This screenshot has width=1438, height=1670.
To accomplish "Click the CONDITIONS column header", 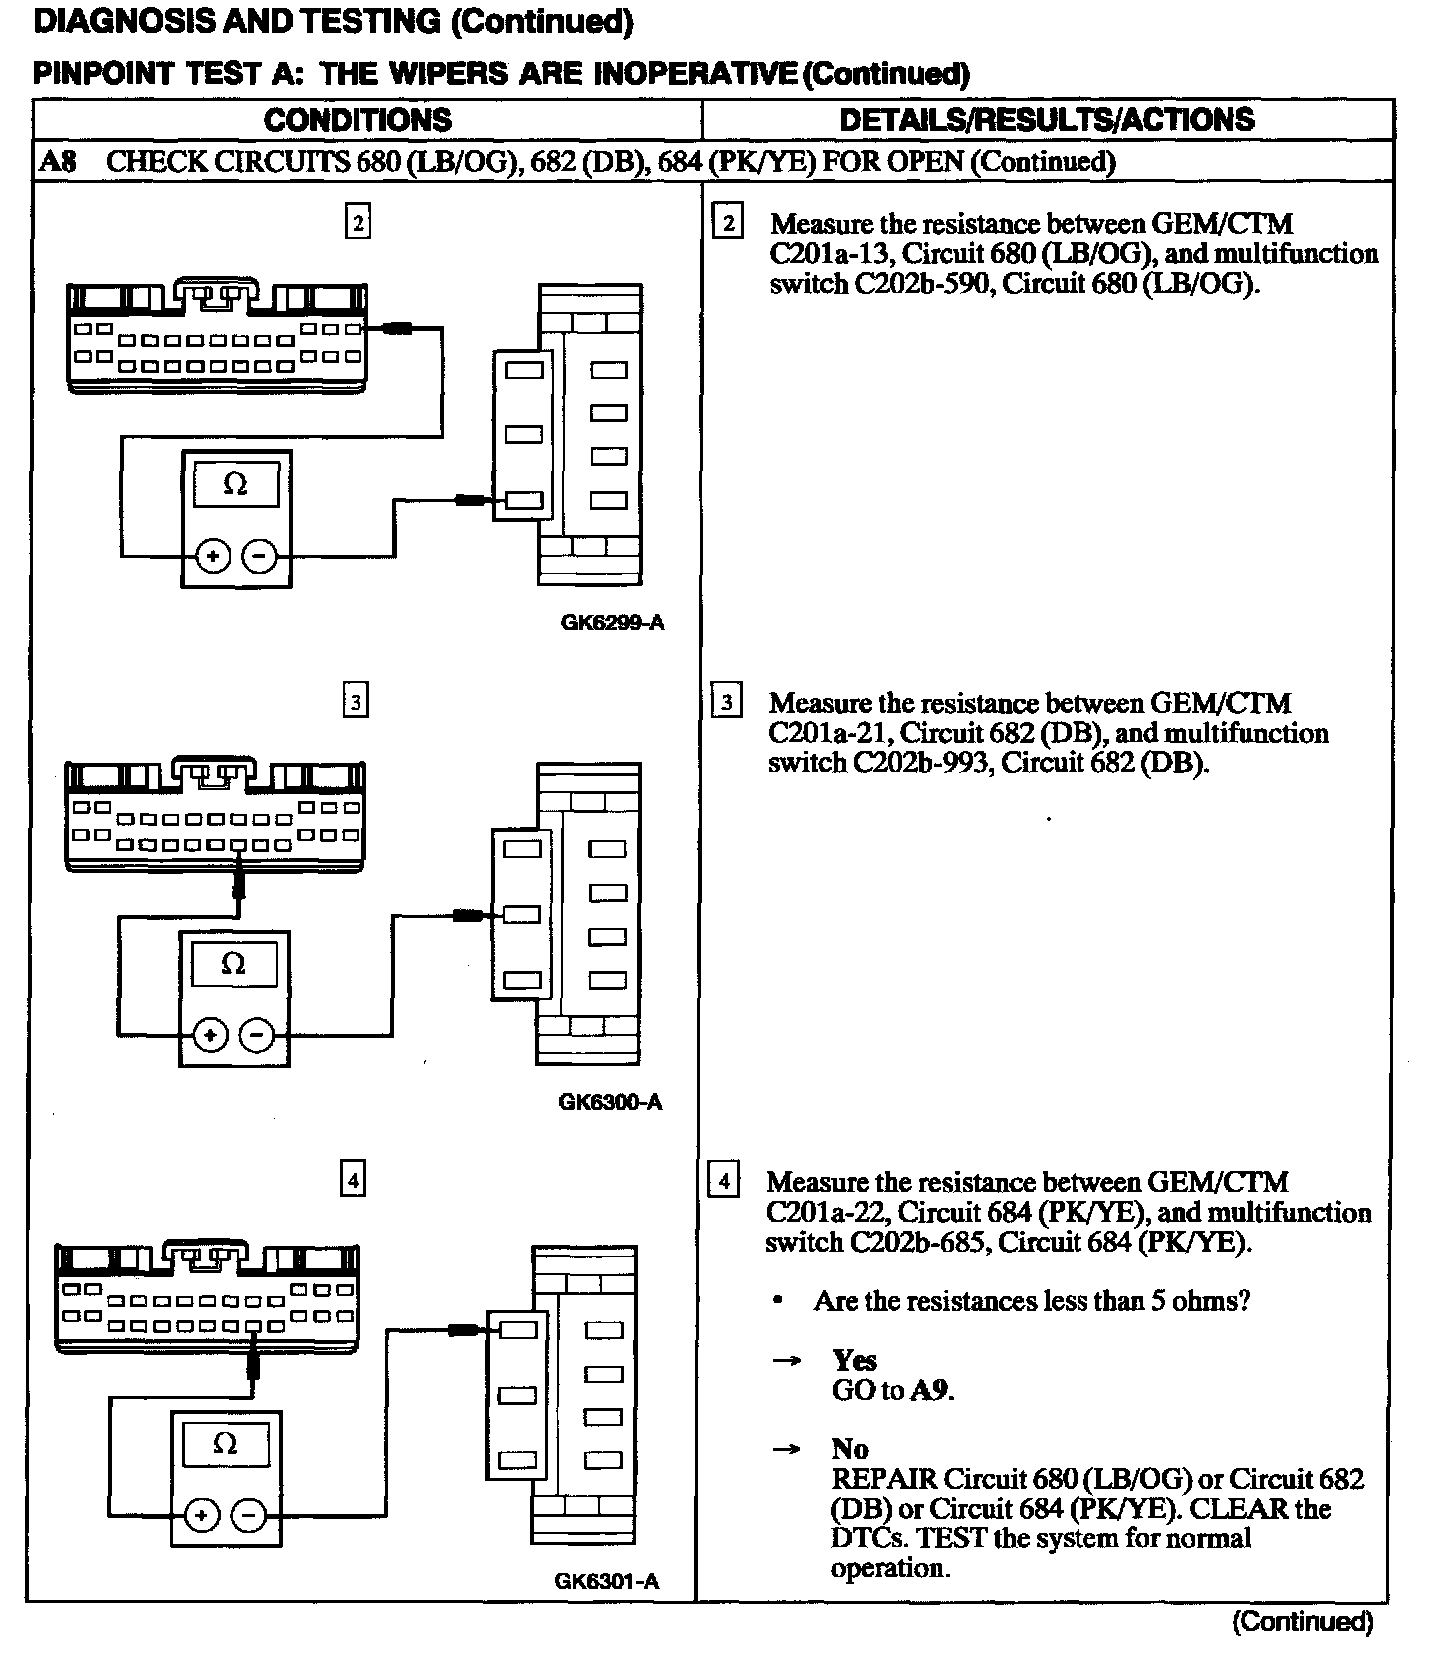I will pos(358,120).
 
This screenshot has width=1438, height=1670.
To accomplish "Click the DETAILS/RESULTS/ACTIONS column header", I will pos(1047,120).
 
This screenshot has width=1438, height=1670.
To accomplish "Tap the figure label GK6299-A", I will pos(612,623).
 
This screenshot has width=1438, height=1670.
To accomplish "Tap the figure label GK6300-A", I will pos(610,1103).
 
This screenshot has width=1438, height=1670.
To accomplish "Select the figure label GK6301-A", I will pos(606,1582).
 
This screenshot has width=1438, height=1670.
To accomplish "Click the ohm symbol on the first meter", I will pos(236,484).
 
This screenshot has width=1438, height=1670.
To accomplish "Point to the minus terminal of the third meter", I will pos(248,1516).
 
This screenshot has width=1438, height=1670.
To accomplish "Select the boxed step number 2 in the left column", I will pos(357,222).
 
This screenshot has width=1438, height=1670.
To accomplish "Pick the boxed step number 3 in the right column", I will pos(726,702).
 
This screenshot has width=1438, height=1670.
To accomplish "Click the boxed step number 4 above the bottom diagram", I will pos(353,1181).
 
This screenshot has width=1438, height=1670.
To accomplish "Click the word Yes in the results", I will pos(854,1360).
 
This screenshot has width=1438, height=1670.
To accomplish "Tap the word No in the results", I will pos(849,1449).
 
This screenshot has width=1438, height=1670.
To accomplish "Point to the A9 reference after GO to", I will pos(930,1390).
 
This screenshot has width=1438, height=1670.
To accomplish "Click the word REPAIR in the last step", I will pos(883,1479).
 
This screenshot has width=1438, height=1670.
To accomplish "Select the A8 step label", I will pos(57,161).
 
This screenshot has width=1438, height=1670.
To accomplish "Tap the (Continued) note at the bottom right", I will pos(1303,1622).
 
